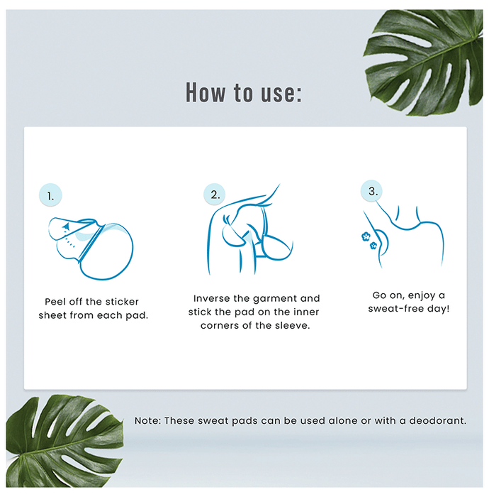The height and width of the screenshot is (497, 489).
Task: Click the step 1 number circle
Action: (50, 195)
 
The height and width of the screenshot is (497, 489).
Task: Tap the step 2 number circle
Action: (215, 195)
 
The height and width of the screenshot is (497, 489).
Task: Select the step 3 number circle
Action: (372, 191)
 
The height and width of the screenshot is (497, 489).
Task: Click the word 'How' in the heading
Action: (206, 92)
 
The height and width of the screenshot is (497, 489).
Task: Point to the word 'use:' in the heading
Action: (281, 93)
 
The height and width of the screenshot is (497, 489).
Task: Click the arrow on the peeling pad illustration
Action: (65, 226)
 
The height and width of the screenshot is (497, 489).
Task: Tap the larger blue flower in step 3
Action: (366, 236)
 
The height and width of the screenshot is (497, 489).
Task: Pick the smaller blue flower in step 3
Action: (373, 245)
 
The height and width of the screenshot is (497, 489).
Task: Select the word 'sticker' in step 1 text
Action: (122, 302)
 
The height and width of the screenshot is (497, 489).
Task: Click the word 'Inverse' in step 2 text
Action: (212, 299)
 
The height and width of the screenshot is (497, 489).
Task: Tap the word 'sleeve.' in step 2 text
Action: (293, 325)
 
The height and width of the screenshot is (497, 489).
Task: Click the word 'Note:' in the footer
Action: (147, 420)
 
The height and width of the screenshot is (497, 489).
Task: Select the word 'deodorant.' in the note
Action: (438, 420)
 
